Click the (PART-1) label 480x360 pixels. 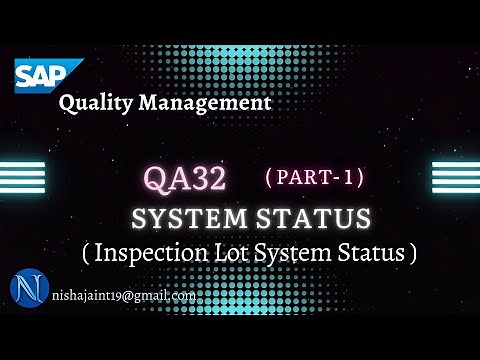314,177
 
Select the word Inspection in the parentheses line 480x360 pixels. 148,253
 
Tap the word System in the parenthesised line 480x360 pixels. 295,253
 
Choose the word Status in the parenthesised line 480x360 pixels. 371,253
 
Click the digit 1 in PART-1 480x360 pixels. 346,177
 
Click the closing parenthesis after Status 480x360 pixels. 411,253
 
